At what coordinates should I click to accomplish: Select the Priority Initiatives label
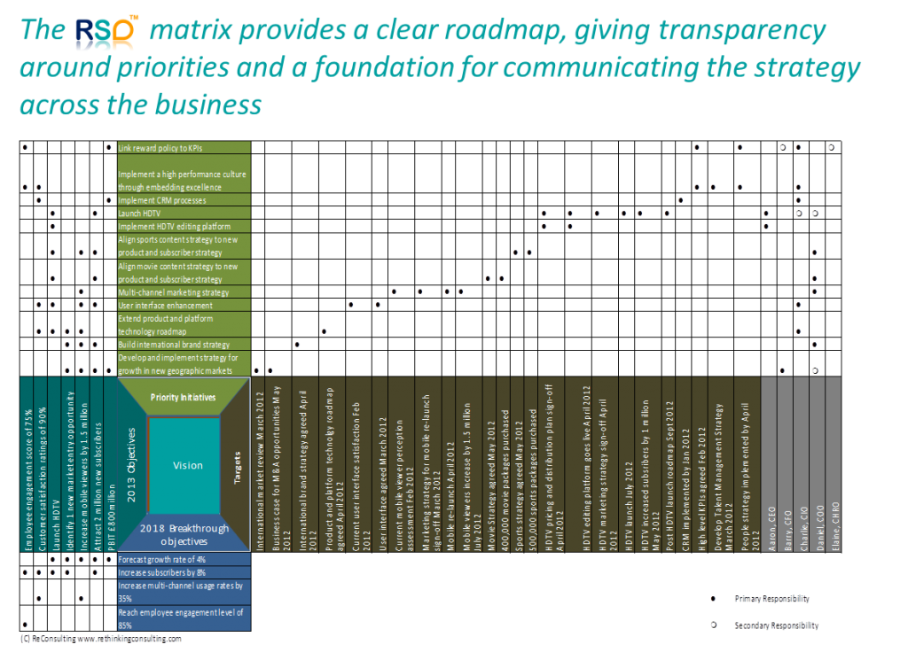coord(184,397)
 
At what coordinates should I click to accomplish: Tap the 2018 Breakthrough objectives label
coord(184,534)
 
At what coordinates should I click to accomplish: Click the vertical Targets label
coord(237,464)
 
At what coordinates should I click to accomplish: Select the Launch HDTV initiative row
coord(184,214)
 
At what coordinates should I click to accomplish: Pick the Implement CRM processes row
coord(184,200)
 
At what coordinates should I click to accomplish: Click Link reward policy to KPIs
coord(184,148)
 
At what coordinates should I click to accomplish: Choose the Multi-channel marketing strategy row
coord(184,292)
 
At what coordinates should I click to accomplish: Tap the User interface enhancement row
coord(184,305)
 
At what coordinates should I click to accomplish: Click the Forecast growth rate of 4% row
coord(184,559)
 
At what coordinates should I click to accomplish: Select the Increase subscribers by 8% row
coord(184,572)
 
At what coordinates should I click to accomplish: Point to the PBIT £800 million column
coord(110,464)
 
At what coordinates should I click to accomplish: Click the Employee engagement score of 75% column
coord(27,464)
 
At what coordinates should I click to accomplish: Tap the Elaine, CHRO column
coord(834,464)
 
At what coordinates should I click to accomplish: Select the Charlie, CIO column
coord(801,464)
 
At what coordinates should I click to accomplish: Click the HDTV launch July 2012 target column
coord(628,464)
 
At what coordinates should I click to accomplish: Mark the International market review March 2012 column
coord(259,464)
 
